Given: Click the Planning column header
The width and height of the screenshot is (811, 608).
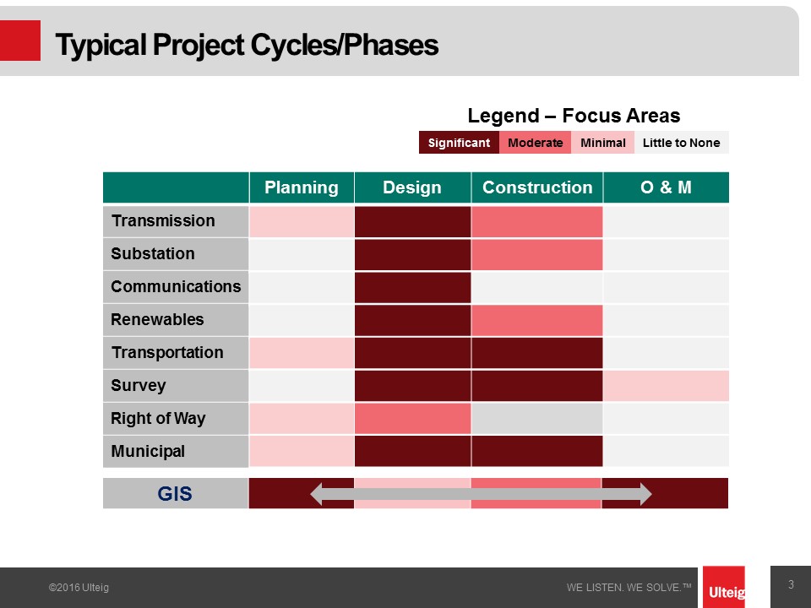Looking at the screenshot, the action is [x=302, y=187].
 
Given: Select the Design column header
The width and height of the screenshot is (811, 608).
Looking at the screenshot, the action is [x=412, y=187].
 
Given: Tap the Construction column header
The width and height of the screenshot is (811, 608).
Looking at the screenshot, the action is [x=537, y=187].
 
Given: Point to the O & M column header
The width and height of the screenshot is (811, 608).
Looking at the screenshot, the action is [x=667, y=187].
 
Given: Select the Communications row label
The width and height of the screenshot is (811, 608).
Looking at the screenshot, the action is [x=176, y=287].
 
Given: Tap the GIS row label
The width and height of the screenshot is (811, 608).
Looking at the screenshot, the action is [x=176, y=493].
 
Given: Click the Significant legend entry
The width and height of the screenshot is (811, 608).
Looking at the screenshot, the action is [x=459, y=143].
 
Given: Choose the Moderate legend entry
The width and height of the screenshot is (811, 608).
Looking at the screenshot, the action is [x=536, y=143].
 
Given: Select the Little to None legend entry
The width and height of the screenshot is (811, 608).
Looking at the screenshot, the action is [x=681, y=143].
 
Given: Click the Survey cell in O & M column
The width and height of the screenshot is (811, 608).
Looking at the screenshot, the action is [x=667, y=386].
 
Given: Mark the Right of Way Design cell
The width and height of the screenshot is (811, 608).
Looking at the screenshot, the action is [x=413, y=418].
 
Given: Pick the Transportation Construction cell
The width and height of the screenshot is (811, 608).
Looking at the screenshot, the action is [x=537, y=353].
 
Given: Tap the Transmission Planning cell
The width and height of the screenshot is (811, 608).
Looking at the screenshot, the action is [x=302, y=222].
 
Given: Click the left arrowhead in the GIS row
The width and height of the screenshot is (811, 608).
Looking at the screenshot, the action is [x=317, y=494].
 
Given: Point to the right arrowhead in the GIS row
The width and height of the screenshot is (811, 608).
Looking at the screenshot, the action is [x=645, y=494].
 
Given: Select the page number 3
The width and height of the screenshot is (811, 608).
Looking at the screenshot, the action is [x=791, y=584].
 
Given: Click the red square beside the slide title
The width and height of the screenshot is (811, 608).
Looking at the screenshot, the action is [x=20, y=41].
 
